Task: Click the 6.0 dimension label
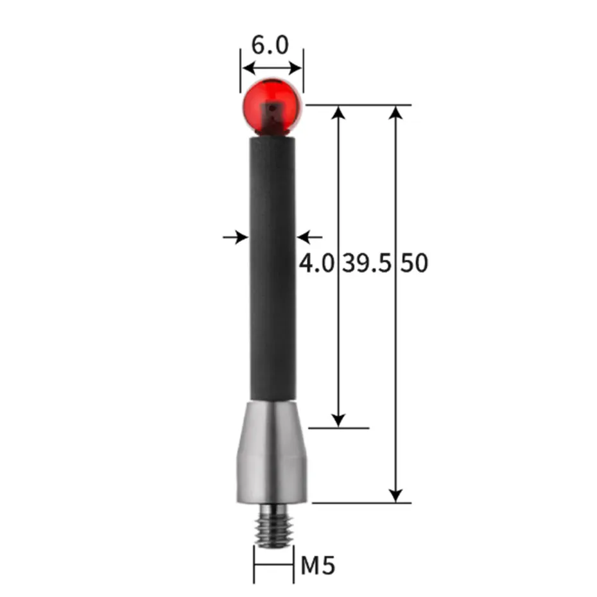(x=270, y=45)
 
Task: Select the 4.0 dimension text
(x=318, y=264)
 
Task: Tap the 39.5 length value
(x=367, y=264)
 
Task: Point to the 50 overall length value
(x=414, y=264)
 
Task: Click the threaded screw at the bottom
(x=272, y=524)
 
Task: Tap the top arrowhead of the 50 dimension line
(x=397, y=112)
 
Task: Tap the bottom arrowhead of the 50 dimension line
(x=397, y=495)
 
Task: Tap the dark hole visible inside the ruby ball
(x=274, y=110)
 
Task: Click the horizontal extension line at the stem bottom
(x=338, y=428)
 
